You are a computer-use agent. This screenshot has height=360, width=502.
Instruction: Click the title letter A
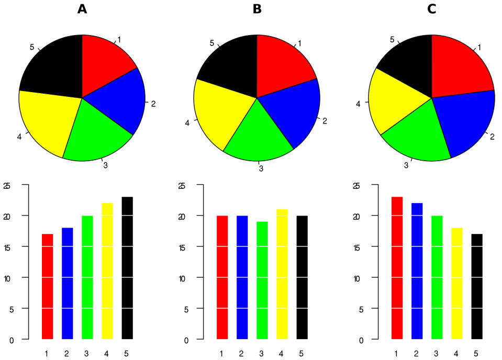coord(82,9)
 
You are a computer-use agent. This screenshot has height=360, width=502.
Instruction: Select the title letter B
coord(257,9)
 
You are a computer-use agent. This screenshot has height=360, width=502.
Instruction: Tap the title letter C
coord(432,9)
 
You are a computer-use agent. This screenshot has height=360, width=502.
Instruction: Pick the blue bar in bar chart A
coord(68,283)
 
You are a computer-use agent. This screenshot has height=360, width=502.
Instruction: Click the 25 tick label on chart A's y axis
coord(7,186)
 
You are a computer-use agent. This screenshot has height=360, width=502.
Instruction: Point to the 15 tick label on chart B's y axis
coord(182,247)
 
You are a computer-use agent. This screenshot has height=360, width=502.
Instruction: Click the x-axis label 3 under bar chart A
coord(87,354)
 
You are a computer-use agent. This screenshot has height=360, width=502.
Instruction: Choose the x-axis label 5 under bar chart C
coord(475,354)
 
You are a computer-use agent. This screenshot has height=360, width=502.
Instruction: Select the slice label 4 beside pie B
coord(187,123)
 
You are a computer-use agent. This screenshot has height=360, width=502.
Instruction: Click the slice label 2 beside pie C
coord(492,137)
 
